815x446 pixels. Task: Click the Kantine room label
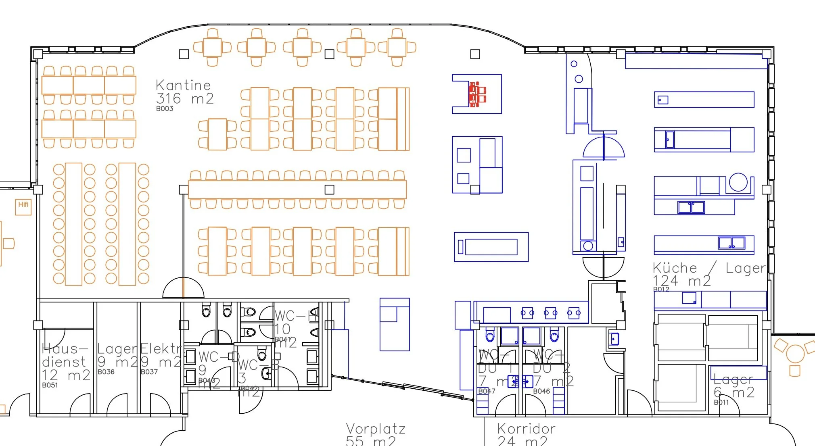(183, 85)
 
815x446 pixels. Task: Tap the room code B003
(165, 108)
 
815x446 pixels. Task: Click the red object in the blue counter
(477, 94)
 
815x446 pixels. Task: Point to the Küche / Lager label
(708, 268)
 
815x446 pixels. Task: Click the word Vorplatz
(376, 428)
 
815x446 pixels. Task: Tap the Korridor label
(526, 428)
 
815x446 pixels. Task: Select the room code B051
(50, 385)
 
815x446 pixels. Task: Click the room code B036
(106, 372)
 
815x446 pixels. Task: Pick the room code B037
(149, 372)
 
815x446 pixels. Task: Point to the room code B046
(541, 391)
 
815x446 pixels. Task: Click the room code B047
(487, 391)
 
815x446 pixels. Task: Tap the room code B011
(721, 402)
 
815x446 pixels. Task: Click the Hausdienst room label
(65, 355)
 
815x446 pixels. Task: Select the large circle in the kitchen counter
(738, 182)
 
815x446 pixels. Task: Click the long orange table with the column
(297, 190)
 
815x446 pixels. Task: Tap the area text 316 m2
(185, 98)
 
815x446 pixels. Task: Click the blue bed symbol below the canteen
(395, 325)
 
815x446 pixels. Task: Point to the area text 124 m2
(681, 281)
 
